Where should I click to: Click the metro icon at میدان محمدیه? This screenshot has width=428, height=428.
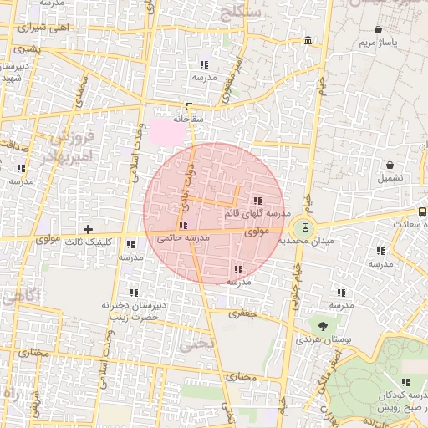[x=303, y=226]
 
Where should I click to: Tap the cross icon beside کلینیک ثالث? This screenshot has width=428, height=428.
[x=88, y=229]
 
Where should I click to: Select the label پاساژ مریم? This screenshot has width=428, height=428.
[x=376, y=42]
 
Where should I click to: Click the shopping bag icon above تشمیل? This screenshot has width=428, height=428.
[x=390, y=166]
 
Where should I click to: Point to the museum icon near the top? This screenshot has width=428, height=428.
[x=309, y=41]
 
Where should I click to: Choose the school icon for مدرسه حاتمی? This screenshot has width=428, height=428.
[x=183, y=225]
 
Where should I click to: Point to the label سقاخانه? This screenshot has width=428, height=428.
[x=189, y=119]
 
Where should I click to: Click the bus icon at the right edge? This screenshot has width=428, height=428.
[x=422, y=212]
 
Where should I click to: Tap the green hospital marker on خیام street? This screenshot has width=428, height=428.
[x=321, y=84]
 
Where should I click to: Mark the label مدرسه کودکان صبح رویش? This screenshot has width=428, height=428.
[x=385, y=401]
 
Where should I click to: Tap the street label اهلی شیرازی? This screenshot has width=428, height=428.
[x=44, y=27]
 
